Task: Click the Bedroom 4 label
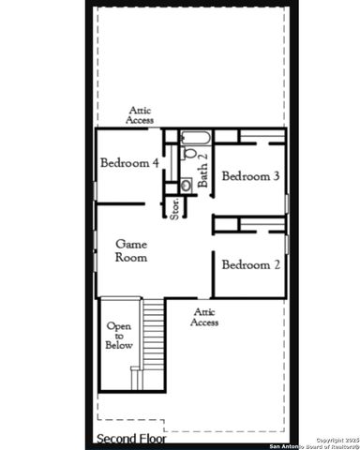[129, 163]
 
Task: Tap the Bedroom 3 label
[250, 175]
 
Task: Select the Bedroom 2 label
[250, 264]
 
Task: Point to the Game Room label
[131, 250]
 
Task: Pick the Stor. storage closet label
[174, 207]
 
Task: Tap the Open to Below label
[119, 336]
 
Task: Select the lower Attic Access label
[204, 317]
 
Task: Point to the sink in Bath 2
[186, 185]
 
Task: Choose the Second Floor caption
[131, 438]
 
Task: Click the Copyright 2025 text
[336, 439]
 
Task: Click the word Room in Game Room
[131, 257]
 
